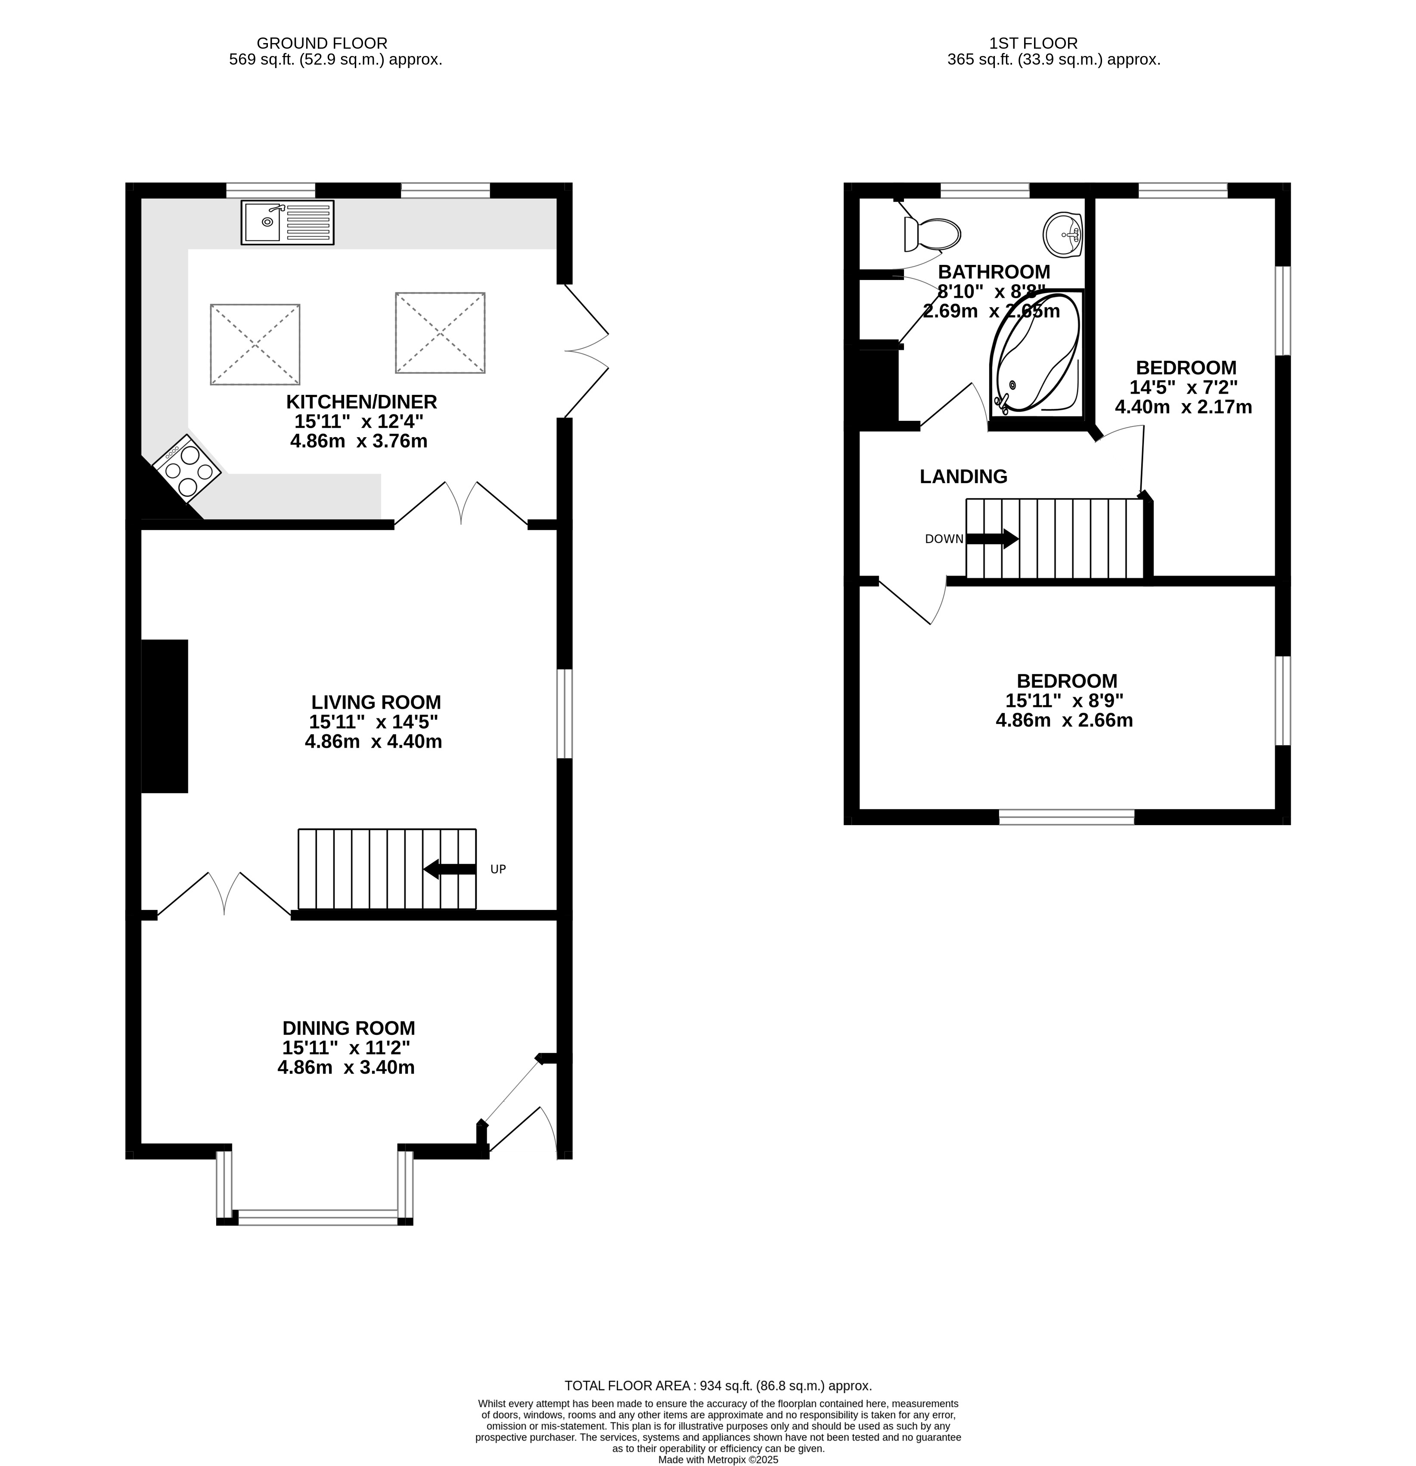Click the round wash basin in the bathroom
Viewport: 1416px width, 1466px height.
1062,234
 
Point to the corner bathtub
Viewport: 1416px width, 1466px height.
1036,353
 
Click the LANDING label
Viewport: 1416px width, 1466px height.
963,476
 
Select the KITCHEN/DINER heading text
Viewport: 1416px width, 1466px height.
361,402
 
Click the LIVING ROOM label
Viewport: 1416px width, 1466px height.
376,702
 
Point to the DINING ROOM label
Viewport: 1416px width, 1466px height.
348,1028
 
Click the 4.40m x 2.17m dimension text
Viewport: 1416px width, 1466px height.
1183,407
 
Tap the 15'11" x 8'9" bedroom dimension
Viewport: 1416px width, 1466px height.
1065,701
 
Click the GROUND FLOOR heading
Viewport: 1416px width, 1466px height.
322,43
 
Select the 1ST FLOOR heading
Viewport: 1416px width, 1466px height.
1033,43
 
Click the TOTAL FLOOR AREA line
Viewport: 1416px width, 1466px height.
718,1385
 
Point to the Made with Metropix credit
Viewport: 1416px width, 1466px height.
718,1459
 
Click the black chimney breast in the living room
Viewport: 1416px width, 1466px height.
165,716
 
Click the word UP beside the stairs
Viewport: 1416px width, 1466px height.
498,869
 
